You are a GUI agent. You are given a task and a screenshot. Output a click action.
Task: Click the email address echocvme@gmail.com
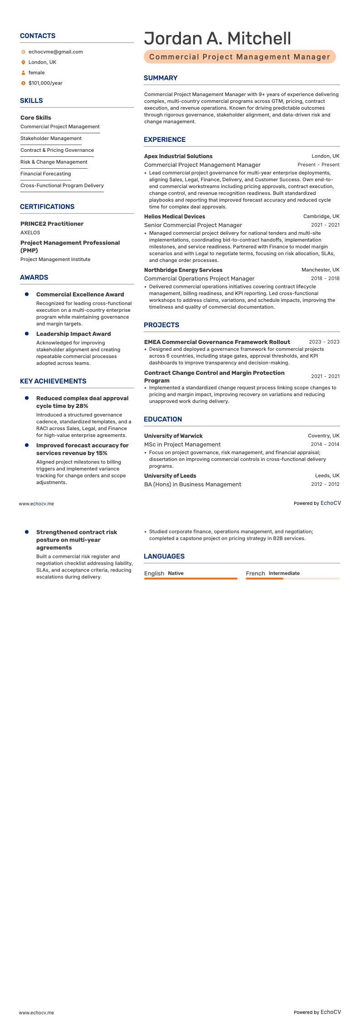pos(55,52)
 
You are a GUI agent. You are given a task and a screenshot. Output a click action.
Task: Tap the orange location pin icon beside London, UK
pos(24,63)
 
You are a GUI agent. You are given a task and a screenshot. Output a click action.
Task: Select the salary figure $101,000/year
pos(45,83)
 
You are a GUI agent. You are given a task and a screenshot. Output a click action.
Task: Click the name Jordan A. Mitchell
pos(218,39)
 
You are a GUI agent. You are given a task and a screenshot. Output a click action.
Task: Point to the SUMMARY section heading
pos(161,78)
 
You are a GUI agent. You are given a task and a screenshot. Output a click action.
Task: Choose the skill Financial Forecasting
pos(45,174)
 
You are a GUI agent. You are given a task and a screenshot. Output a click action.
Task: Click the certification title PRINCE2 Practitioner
pos(52,224)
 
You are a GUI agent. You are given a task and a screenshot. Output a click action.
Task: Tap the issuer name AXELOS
pos(30,233)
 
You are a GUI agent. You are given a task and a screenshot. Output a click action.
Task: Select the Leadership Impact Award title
pos(73,334)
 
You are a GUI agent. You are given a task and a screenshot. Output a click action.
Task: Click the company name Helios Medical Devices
pos(175,217)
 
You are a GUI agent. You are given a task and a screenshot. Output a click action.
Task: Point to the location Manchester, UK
pos(320,270)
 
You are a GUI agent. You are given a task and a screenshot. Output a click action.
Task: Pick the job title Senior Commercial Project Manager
pos(193,225)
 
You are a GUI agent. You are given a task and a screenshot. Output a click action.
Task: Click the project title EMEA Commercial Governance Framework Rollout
pos(217,342)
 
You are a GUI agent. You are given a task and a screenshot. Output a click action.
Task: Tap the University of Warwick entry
pos(173,436)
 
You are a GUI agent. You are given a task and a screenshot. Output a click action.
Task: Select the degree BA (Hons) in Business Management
pos(193,485)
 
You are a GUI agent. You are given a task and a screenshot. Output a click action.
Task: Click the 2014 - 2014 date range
pos(325,445)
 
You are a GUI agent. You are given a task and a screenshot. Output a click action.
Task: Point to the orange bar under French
pos(264,579)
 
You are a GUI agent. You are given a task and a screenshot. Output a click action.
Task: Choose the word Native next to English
pos(175,573)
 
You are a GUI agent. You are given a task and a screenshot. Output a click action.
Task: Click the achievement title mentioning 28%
pos(82,402)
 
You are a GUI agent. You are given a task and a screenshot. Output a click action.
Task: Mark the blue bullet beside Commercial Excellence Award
pos(27,295)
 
